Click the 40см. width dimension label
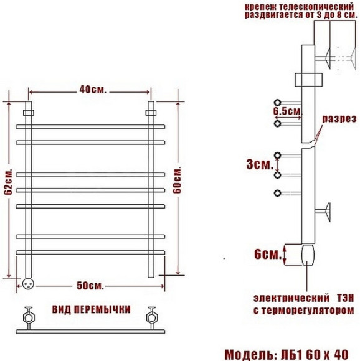[x=88, y=90]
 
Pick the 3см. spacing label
[x=258, y=165]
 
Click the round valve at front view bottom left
[x=29, y=283]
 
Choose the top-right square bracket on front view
[x=149, y=113]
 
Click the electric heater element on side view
[x=309, y=255]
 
